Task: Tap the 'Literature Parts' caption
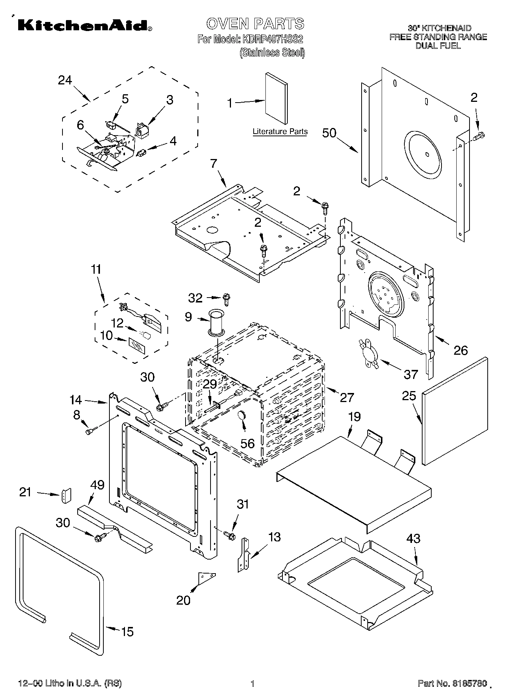280,132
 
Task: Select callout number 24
65,80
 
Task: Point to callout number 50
329,133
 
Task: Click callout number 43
413,538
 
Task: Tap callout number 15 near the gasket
127,631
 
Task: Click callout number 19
354,416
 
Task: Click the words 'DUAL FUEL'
438,46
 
